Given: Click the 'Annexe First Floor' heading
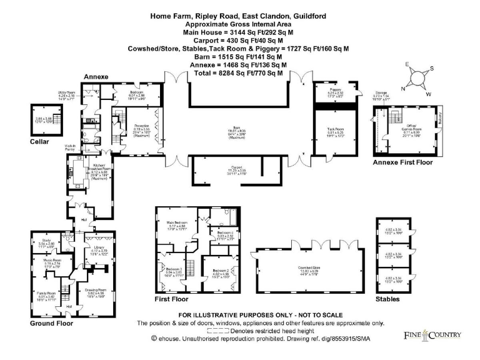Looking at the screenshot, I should pos(402,162).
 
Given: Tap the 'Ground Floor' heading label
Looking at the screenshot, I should pos(51,323).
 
